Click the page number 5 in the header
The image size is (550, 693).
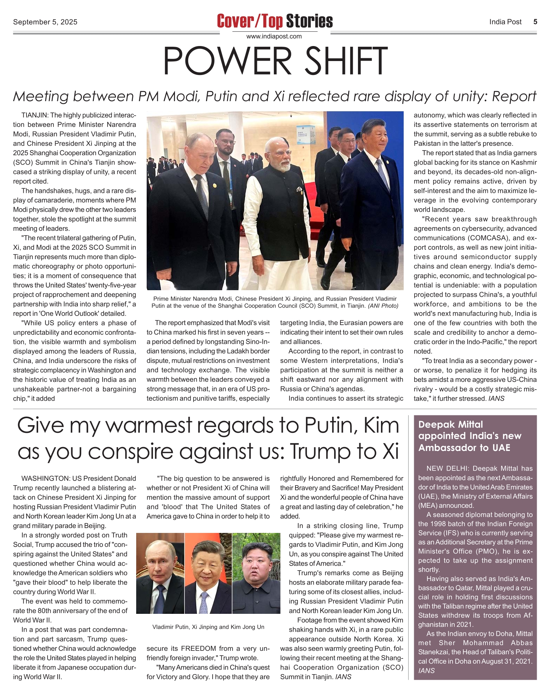(535, 22)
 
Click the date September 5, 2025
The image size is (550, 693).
(45, 22)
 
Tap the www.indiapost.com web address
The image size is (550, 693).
(274, 36)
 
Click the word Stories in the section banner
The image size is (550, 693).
(309, 21)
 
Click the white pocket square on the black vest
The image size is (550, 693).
(299, 190)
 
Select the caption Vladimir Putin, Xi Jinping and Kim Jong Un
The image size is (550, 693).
(208, 627)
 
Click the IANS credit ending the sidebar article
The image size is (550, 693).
(426, 671)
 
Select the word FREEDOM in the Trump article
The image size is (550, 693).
(198, 649)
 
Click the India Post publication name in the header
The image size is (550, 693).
(505, 22)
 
